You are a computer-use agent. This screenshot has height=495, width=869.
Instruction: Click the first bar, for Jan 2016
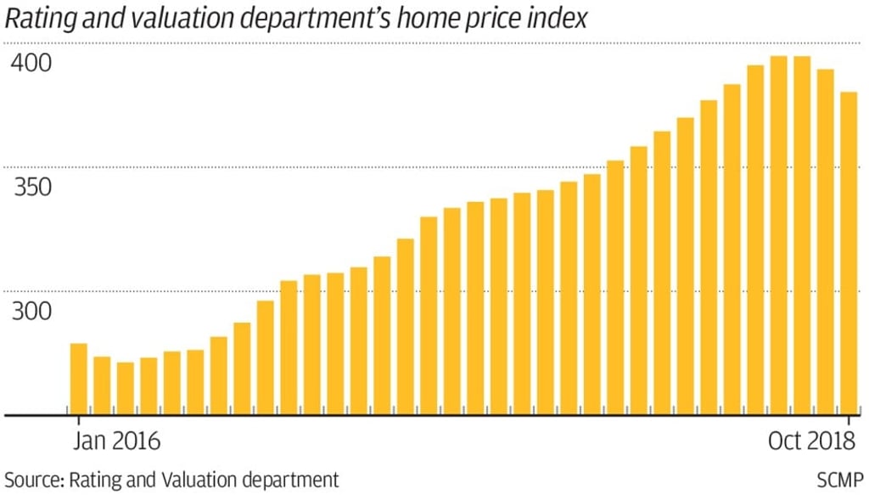(78, 379)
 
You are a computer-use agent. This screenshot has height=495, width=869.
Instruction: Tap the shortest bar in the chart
(126, 388)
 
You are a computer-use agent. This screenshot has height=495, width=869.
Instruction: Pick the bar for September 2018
(825, 242)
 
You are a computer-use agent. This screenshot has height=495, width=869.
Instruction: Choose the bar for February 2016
(102, 385)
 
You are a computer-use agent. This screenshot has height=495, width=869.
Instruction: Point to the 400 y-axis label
(32, 64)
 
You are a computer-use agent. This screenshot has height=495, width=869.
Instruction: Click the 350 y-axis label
(32, 188)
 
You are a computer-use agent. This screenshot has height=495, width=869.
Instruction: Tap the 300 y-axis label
(32, 312)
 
